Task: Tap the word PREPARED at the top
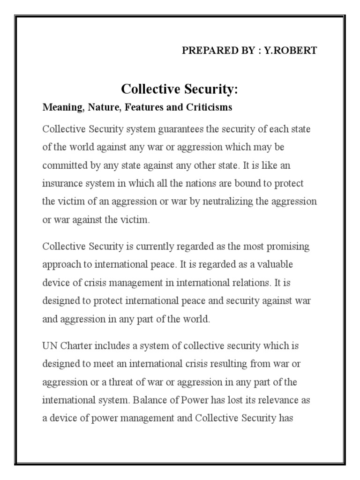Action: coord(204,51)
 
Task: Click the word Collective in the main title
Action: coord(147,89)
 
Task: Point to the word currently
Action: coord(147,247)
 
